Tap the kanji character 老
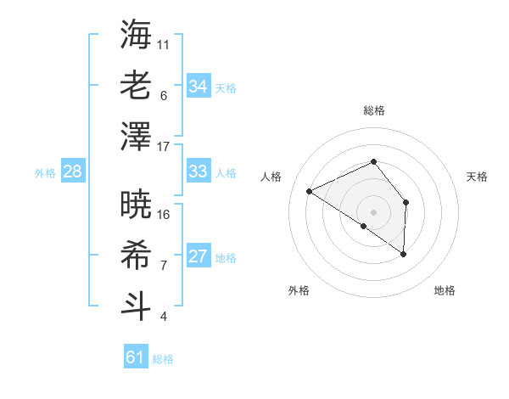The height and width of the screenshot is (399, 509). [137, 85]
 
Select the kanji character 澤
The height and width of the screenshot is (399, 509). [137, 136]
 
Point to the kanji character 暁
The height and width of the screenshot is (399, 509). [137, 204]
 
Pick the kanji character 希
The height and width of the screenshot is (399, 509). [137, 255]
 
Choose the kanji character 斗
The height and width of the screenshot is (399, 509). [137, 306]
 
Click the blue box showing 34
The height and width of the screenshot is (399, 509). [198, 86]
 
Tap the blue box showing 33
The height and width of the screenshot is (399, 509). [198, 171]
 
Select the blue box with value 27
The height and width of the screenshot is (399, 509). [198, 256]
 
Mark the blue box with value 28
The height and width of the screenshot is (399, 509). [73, 171]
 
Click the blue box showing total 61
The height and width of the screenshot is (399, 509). [136, 357]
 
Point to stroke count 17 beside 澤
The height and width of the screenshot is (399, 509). [164, 147]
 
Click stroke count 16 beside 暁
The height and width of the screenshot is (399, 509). [164, 214]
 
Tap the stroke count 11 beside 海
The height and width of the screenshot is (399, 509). [164, 44]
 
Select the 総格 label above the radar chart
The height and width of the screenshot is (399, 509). [373, 110]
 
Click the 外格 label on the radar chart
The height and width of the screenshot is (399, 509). [299, 290]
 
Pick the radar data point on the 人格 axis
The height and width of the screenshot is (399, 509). [310, 191]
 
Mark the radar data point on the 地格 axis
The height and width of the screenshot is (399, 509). [404, 254]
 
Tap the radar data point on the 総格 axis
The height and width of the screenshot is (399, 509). [373, 161]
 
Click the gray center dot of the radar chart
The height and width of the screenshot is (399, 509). [373, 211]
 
